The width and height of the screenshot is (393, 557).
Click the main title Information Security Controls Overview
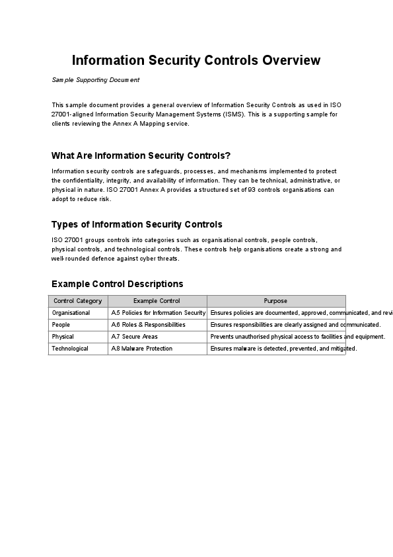tap(196, 60)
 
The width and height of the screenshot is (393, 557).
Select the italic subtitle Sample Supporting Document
tap(96, 80)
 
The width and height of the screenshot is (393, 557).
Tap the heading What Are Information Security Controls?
tap(141, 156)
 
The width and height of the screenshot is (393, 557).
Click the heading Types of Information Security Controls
tap(137, 224)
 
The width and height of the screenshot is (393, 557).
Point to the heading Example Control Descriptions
tap(117, 284)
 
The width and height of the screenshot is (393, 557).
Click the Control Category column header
tap(78, 301)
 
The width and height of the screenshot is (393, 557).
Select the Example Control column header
tap(157, 301)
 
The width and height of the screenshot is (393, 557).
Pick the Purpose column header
tap(275, 301)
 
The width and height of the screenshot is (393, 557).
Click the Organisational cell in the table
tap(71, 313)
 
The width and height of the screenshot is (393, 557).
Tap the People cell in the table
tap(61, 325)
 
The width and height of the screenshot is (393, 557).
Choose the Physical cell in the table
tap(63, 337)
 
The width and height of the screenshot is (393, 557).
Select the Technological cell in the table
tap(70, 349)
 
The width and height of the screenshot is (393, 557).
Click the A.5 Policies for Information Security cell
tap(159, 313)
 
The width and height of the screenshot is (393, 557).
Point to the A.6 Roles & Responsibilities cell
tap(148, 325)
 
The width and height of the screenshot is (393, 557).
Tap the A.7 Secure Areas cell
tap(134, 337)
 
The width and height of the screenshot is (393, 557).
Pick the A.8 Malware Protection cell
tap(141, 349)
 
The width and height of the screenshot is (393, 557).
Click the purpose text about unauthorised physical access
tap(297, 337)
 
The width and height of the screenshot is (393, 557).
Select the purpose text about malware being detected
tap(283, 349)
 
